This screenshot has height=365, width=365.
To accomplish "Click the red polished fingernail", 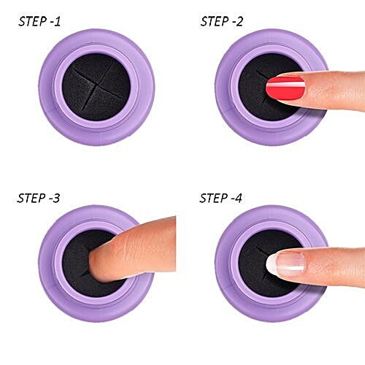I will coord(285,89).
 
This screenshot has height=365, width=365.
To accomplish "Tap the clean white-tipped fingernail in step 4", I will coord(285,263).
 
